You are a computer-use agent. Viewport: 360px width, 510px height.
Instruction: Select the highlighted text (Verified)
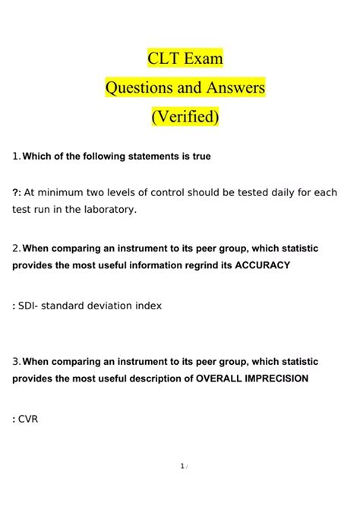pos(185,117)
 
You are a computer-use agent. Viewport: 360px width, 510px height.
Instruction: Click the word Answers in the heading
pos(233,87)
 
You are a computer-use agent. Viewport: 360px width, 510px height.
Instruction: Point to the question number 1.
pos(15,157)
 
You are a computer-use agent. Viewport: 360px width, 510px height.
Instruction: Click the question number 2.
pos(16,249)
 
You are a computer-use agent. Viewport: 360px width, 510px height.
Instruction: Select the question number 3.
pos(16,361)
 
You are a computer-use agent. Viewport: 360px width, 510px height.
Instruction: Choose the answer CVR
pos(29,417)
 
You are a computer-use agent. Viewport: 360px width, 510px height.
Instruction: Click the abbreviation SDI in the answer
pos(28,306)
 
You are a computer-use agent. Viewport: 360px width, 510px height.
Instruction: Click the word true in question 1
pos(201,157)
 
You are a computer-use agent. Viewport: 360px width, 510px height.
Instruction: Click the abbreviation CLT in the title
pos(164,58)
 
